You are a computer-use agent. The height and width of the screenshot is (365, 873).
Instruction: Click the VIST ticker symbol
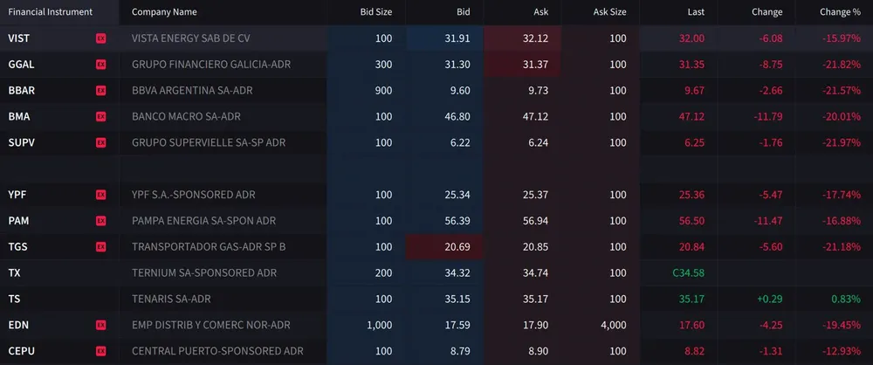[x=18, y=38]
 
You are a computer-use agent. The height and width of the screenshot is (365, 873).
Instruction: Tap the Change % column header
[x=840, y=12]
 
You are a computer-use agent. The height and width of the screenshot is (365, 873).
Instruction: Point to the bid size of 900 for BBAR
[x=383, y=91]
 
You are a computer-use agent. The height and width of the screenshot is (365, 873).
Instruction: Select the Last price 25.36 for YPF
[x=691, y=194]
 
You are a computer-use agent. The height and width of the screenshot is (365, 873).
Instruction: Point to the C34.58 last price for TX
[x=688, y=272]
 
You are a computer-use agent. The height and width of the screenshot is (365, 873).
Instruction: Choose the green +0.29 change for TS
[x=767, y=299]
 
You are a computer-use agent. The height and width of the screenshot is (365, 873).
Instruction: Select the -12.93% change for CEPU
[x=841, y=351]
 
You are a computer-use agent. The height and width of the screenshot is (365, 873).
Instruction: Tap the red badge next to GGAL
[x=100, y=65]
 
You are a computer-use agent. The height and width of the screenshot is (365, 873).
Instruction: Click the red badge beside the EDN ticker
[x=100, y=325]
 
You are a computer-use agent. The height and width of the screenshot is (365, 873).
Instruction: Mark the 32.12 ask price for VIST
[x=535, y=38]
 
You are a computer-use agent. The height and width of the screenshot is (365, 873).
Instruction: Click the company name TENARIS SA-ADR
[x=171, y=299]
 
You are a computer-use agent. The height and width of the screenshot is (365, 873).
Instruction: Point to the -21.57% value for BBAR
[x=841, y=91]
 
